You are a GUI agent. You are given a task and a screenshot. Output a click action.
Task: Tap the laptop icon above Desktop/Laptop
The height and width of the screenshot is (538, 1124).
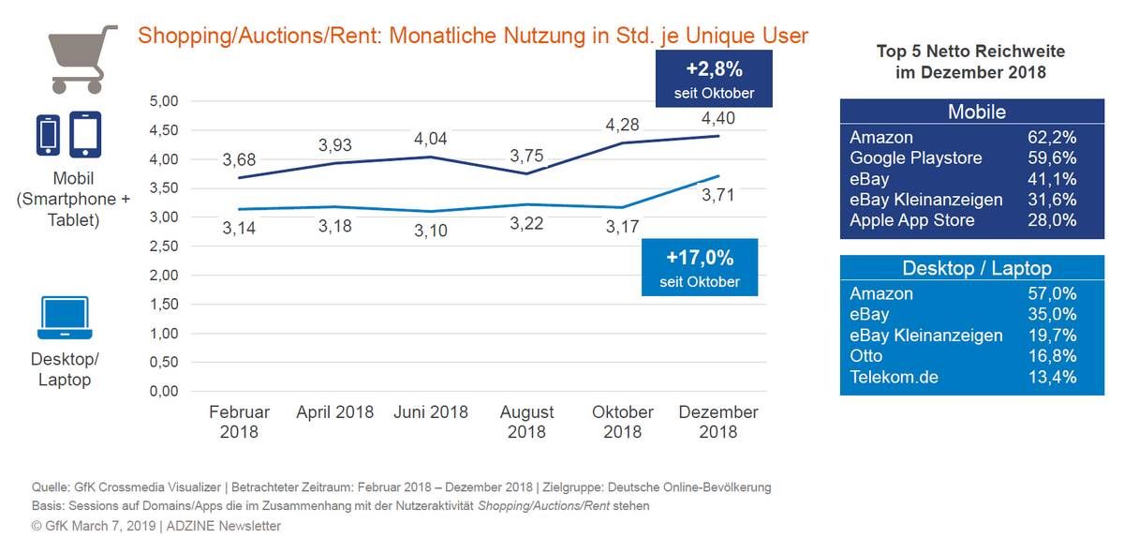(65, 318)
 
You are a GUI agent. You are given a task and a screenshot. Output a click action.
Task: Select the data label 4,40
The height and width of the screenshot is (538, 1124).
(718, 118)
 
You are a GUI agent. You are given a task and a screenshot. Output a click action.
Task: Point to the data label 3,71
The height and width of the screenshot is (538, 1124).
(718, 195)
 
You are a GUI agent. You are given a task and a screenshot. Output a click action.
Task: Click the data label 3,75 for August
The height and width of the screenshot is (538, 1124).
(526, 156)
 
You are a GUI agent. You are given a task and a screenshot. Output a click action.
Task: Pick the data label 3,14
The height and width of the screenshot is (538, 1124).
(239, 228)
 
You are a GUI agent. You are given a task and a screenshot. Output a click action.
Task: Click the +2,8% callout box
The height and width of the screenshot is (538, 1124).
(714, 79)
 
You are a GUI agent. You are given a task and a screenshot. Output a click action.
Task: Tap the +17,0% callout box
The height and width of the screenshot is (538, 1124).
(700, 267)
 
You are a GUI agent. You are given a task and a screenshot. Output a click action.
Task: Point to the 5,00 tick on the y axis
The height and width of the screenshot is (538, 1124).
(164, 101)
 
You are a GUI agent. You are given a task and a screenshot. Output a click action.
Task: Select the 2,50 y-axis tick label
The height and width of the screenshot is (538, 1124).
(164, 247)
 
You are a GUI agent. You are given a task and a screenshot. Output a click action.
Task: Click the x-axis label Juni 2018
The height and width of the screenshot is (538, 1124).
(431, 411)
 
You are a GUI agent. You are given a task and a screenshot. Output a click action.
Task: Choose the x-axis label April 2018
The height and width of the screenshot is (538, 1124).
(334, 411)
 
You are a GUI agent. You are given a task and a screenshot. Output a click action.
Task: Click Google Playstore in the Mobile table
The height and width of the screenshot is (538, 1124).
(916, 158)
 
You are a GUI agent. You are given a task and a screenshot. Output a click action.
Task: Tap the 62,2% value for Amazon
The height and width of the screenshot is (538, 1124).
(1052, 137)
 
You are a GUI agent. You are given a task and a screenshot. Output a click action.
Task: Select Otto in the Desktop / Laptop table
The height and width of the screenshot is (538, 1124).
(865, 355)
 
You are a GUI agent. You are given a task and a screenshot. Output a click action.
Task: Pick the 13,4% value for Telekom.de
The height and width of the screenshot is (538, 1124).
(1052, 377)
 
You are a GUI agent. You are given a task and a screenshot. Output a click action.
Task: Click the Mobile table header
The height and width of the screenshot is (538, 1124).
(976, 112)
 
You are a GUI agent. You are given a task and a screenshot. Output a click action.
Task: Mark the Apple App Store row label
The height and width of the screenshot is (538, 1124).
(911, 220)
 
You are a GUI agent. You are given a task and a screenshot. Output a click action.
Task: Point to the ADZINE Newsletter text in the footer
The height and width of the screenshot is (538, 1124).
(223, 526)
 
